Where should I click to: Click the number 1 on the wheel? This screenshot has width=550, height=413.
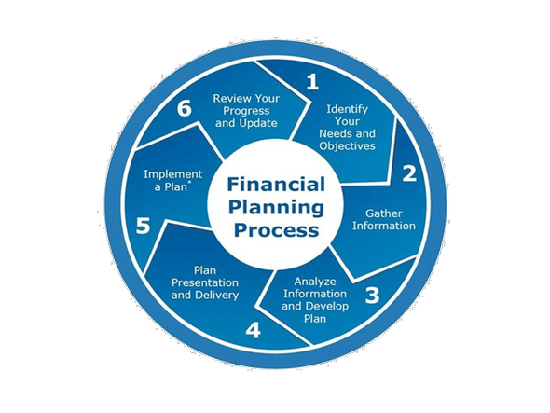click(312, 82)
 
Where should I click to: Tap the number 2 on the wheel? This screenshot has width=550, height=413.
click(409, 173)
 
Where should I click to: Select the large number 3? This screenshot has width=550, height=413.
click(372, 296)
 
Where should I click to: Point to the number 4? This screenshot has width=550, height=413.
click(253, 330)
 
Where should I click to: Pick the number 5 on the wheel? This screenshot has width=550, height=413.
click(143, 226)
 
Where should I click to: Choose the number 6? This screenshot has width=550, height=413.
click(185, 108)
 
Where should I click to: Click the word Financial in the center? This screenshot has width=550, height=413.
click(276, 185)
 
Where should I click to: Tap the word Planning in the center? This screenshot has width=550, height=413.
click(276, 208)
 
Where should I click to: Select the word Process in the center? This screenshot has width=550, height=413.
click(277, 230)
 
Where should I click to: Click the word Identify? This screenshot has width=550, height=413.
click(347, 109)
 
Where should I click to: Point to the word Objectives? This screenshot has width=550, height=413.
click(348, 146)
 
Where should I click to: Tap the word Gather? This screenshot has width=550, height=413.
click(384, 213)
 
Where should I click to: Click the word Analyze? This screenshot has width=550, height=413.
click(315, 282)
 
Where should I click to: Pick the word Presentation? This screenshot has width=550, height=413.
click(205, 282)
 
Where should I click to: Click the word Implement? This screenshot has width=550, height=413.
click(173, 174)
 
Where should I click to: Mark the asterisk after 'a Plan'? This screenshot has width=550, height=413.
click(190, 183)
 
